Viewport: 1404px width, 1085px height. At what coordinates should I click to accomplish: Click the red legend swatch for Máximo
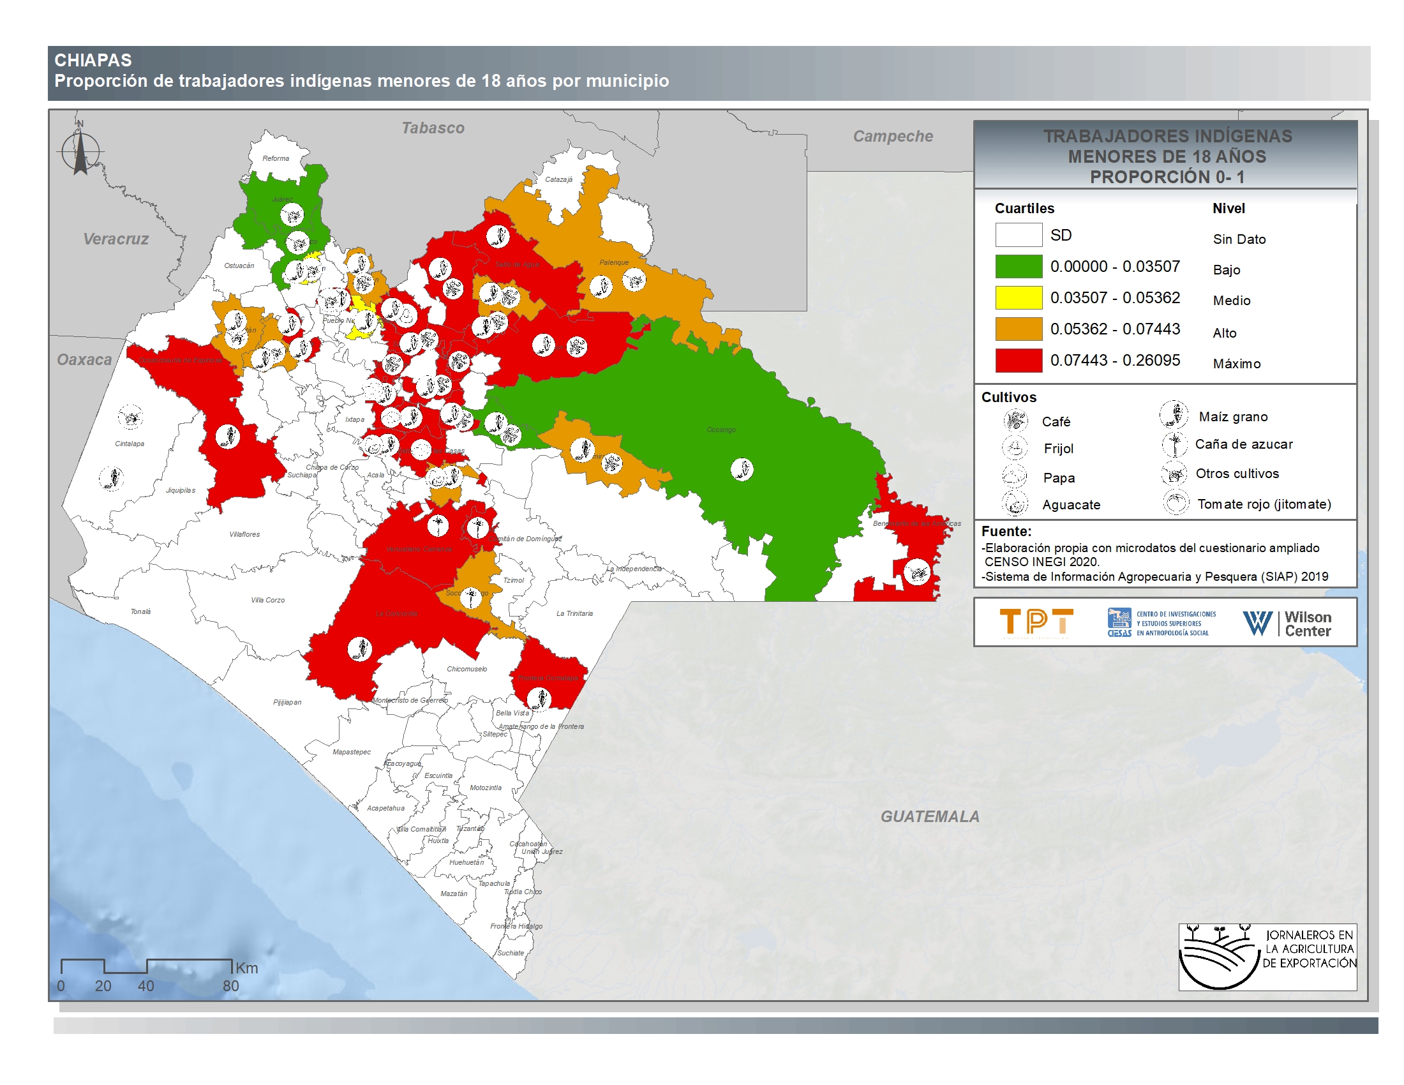[1019, 361]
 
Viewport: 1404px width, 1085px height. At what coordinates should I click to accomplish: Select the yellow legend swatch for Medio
[1019, 297]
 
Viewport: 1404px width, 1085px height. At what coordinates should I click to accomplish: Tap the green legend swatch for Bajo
[1019, 266]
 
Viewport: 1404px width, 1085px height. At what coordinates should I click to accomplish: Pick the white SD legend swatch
[1019, 235]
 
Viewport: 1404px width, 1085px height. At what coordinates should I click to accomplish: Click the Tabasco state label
[433, 128]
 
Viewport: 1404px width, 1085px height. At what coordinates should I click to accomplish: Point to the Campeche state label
[892, 137]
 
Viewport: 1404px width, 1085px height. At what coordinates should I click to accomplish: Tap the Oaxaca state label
[84, 360]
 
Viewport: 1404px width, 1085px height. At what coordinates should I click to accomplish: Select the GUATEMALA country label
[930, 816]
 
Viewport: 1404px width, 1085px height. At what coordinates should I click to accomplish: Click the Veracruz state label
[116, 239]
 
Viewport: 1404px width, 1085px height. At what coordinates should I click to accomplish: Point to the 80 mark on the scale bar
[231, 986]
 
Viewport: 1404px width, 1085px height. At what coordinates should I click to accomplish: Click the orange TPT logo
[1036, 623]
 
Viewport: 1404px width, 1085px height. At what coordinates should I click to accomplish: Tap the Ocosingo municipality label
[721, 430]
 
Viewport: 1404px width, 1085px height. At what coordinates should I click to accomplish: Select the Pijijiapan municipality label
[287, 702]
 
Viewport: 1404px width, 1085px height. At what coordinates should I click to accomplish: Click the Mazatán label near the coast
[454, 894]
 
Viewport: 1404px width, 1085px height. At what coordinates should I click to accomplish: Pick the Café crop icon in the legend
[1015, 421]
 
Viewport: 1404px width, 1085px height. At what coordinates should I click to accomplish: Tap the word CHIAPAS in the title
[93, 61]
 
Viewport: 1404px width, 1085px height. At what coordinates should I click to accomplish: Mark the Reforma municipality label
[276, 158]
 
